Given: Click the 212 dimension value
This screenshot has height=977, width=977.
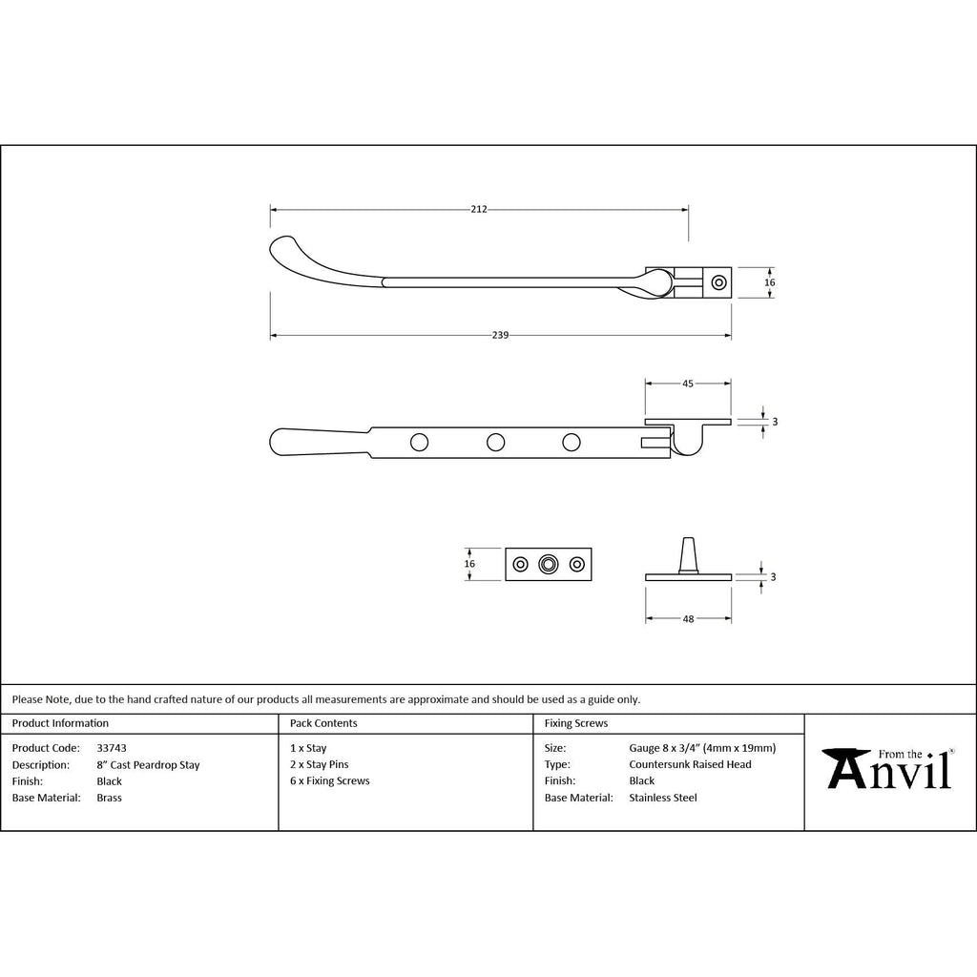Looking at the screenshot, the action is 479,209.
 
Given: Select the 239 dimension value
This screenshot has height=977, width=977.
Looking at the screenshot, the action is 500,335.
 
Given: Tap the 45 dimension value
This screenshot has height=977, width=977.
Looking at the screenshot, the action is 688,384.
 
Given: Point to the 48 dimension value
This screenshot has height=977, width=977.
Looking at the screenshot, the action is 689,618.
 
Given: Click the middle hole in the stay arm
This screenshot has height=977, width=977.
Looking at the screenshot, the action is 495,443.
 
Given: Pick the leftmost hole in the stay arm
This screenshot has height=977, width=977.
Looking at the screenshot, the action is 420,443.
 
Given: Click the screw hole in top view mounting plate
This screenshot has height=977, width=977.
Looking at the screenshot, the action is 719,282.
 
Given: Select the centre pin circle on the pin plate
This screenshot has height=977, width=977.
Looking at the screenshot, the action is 549,565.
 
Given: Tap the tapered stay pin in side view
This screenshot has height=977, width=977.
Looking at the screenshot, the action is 688,554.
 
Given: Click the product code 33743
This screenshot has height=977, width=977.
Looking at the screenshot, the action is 112,748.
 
